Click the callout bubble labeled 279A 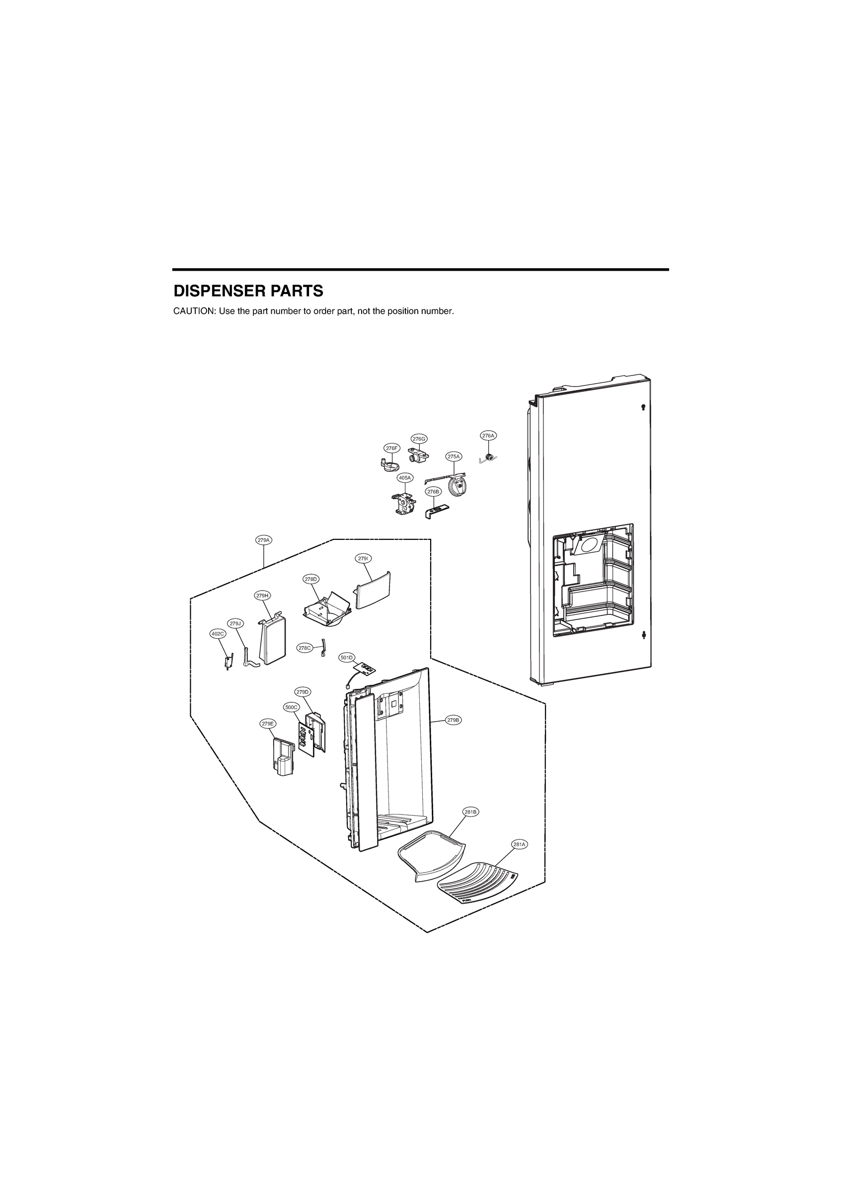pyautogui.click(x=263, y=540)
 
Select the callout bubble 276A pyautogui.click(x=488, y=436)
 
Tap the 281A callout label pyautogui.click(x=520, y=845)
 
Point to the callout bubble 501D pyautogui.click(x=346, y=657)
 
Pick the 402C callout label pyautogui.click(x=218, y=633)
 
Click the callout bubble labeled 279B pyautogui.click(x=454, y=720)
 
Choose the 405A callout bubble pyautogui.click(x=405, y=477)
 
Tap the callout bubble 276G pyautogui.click(x=419, y=439)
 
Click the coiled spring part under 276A pyautogui.click(x=488, y=458)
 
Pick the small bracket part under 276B pyautogui.click(x=436, y=509)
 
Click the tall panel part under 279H pyautogui.click(x=272, y=642)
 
